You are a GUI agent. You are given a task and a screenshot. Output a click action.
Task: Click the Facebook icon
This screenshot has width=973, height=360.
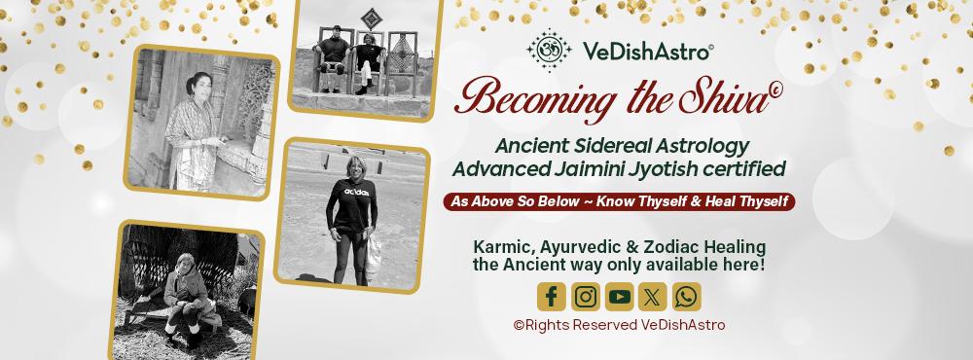(x=551, y=297)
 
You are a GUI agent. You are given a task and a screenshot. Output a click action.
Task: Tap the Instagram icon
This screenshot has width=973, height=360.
(x=585, y=297)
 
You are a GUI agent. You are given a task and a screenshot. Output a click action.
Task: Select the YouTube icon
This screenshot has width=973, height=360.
(x=619, y=297)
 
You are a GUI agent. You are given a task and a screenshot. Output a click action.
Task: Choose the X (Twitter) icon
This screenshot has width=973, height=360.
(x=653, y=297)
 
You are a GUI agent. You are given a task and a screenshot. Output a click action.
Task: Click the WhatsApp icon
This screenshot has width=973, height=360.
(x=686, y=297)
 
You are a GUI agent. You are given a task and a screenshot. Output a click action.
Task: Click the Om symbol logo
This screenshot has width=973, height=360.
(x=549, y=51)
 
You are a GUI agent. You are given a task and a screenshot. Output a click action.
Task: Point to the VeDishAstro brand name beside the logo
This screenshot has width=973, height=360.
(x=648, y=53)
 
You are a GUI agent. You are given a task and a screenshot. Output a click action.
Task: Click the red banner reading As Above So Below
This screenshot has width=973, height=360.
(x=619, y=201)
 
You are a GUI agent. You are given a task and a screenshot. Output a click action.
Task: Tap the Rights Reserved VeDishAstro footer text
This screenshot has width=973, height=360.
(x=619, y=325)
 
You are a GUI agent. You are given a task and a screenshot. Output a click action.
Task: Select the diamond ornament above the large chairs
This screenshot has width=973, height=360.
(x=371, y=18)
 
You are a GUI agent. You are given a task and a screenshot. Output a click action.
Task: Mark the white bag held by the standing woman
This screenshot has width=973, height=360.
(x=374, y=256)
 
